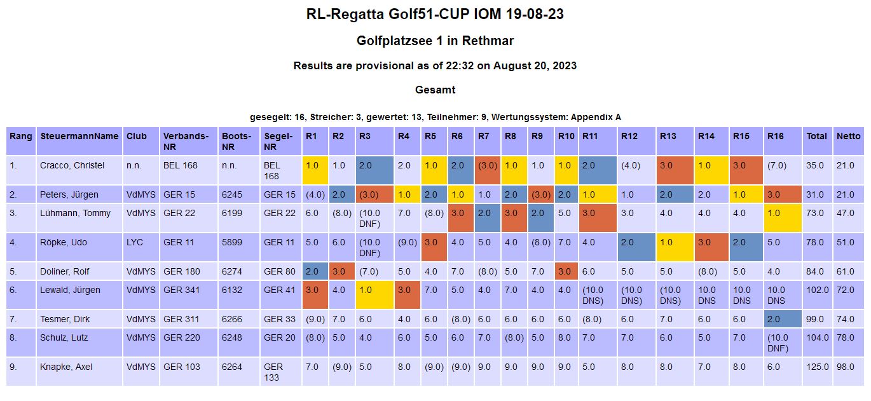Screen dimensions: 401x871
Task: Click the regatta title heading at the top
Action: tap(435, 14)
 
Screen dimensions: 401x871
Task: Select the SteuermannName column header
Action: tap(79, 136)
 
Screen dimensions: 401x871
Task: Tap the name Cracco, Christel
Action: tap(72, 165)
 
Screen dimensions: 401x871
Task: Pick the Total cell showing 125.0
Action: tap(816, 367)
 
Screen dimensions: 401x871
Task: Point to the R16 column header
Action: tap(775, 136)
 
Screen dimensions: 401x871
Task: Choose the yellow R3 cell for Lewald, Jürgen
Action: tap(374, 295)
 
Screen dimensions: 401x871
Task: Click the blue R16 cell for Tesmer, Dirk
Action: tap(783, 319)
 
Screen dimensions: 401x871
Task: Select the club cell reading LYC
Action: tap(135, 242)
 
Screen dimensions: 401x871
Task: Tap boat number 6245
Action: tap(231, 194)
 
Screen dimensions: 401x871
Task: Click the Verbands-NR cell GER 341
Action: tap(181, 290)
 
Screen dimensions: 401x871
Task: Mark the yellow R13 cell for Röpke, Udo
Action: tap(675, 247)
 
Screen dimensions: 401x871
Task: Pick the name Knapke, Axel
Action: tap(69, 367)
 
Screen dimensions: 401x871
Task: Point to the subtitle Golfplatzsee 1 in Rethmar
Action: tap(435, 41)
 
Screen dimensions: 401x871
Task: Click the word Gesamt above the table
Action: tap(435, 90)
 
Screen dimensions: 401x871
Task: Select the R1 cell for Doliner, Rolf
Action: tap(315, 271)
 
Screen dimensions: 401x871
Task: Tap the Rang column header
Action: tap(21, 136)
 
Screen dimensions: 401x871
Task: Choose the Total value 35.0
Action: tap(816, 165)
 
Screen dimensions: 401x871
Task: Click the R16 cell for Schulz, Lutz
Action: tap(783, 343)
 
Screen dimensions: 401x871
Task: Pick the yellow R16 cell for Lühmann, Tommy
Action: tap(783, 218)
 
